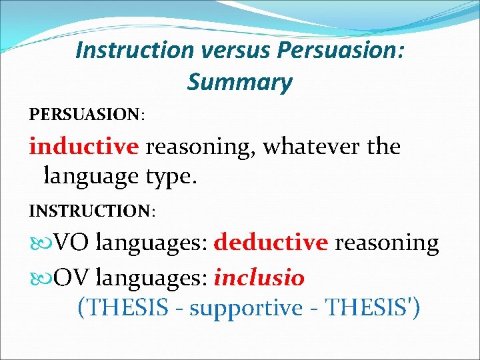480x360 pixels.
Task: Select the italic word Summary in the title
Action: click(x=239, y=82)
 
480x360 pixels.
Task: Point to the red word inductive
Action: click(x=84, y=146)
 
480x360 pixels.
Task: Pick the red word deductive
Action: click(x=271, y=243)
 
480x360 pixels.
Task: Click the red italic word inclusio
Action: click(x=259, y=277)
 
